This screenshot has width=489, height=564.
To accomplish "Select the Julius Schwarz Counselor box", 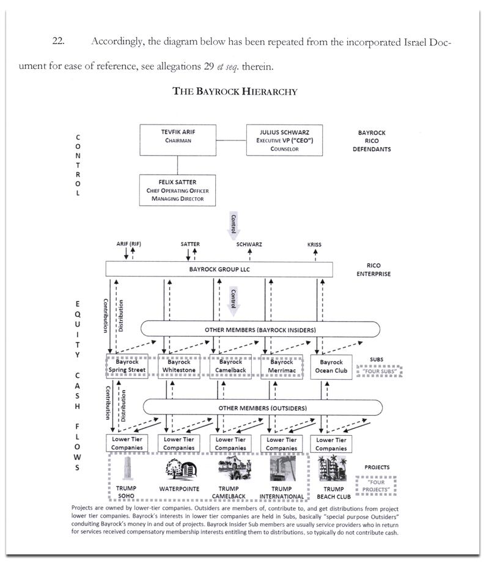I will tap(284, 140).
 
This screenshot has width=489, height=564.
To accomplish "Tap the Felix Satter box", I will tap(178, 190).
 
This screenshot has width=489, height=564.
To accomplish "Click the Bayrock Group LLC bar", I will tap(219, 269).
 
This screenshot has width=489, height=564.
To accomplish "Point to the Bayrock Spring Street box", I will tap(127, 366).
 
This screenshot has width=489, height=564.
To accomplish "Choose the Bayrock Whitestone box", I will tap(179, 366).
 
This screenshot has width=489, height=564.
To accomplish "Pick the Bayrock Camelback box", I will tap(230, 366).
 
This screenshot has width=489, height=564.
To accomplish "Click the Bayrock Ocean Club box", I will tap(332, 366).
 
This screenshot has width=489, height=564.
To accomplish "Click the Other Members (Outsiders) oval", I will tap(262, 407).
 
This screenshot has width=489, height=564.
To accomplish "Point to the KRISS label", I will tap(315, 244).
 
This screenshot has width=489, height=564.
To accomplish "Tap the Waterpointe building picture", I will tap(179, 469).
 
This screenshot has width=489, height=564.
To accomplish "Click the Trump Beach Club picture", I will tap(333, 469).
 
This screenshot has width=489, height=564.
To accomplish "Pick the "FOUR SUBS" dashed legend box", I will tap(379, 371).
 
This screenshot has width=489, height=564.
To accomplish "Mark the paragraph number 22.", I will tap(59, 42).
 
